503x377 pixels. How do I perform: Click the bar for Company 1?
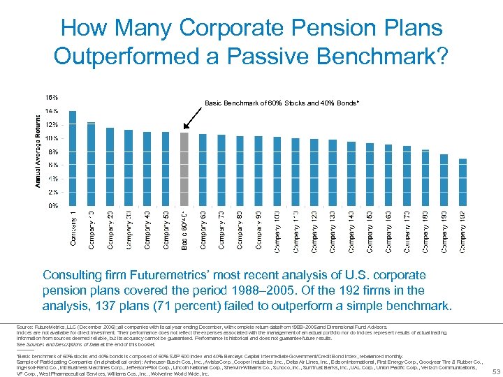click(73, 158)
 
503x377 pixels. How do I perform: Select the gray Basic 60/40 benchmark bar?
click(184, 169)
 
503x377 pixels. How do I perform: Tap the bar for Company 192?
click(462, 182)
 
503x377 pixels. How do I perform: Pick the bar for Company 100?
click(277, 172)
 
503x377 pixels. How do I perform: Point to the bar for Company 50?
click(166, 169)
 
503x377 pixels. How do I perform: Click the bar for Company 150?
click(370, 175)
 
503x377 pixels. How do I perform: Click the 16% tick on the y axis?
click(52, 97)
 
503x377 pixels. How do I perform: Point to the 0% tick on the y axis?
click(53, 205)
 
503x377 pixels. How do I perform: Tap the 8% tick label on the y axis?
click(53, 151)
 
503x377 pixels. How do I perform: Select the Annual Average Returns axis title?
click(39, 150)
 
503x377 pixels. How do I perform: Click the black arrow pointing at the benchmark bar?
click(190, 120)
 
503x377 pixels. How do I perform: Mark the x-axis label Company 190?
click(444, 231)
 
